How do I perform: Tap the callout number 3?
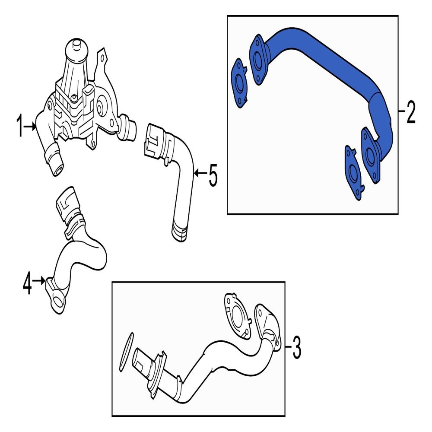tap(296, 346)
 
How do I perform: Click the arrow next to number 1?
tap(31, 127)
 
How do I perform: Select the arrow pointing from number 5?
tap(200, 173)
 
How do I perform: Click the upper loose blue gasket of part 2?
tap(239, 83)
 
